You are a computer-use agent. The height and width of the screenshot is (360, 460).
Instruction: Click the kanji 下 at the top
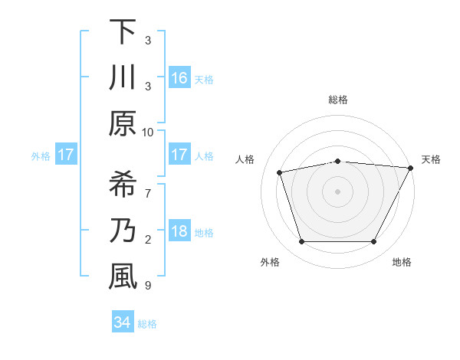(x=123, y=33)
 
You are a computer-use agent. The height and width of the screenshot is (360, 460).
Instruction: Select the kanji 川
(x=123, y=78)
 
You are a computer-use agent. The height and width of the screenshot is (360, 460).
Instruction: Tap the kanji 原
(x=123, y=123)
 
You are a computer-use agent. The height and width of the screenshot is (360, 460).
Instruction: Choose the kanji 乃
(x=123, y=231)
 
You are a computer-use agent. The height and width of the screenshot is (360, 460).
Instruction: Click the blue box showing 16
(x=179, y=77)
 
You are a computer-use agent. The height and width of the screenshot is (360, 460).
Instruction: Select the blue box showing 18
(x=179, y=232)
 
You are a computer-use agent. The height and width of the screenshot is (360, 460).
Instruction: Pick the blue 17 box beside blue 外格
(x=66, y=155)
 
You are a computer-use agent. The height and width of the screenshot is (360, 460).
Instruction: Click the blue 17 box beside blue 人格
(x=179, y=155)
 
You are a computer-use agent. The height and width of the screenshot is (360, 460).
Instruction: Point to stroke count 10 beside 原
(x=148, y=132)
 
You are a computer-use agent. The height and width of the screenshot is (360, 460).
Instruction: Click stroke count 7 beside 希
(x=148, y=186)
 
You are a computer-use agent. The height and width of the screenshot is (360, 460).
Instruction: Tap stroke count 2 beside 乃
(x=148, y=241)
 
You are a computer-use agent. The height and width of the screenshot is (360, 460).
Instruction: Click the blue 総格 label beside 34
(x=148, y=324)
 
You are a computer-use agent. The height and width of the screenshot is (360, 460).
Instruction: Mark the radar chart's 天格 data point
(x=411, y=168)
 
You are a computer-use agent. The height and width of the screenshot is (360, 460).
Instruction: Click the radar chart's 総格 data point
(x=338, y=161)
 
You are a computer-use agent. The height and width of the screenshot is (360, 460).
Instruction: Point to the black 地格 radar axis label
(x=402, y=262)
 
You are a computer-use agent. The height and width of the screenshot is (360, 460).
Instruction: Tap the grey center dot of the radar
(x=338, y=191)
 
